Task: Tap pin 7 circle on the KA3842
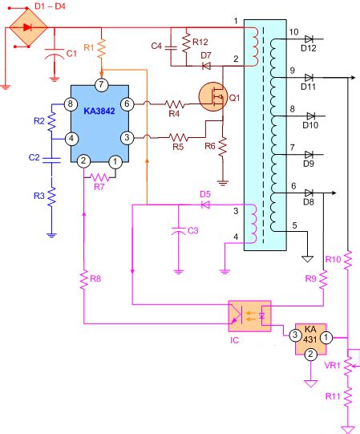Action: pyautogui.click(x=100, y=84)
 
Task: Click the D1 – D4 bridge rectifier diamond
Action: pyautogui.click(x=27, y=27)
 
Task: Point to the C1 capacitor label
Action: pyautogui.click(x=71, y=54)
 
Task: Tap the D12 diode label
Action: pyautogui.click(x=309, y=49)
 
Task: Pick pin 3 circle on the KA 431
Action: pyautogui.click(x=295, y=335)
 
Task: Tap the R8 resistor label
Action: pyautogui.click(x=95, y=279)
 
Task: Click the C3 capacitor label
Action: pyautogui.click(x=192, y=231)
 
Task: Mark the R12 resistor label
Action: pyautogui.click(x=200, y=41)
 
